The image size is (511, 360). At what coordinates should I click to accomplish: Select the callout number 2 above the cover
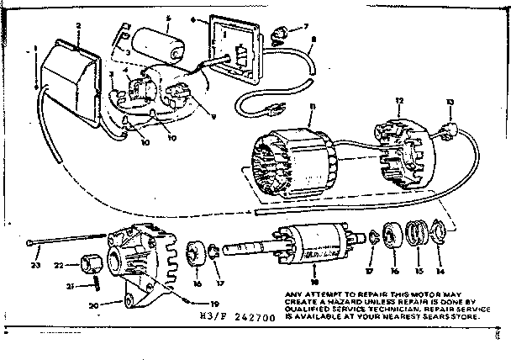click(x=77, y=27)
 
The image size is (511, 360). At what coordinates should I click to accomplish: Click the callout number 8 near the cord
click(x=312, y=39)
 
